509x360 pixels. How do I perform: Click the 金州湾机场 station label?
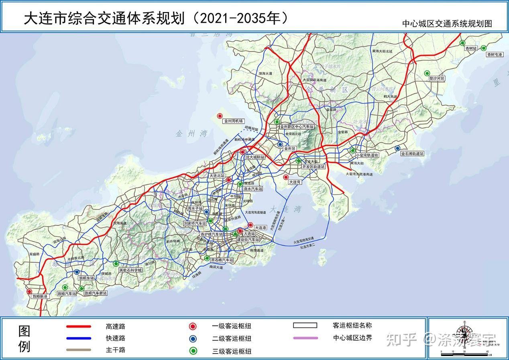pyautogui.click(x=234, y=121)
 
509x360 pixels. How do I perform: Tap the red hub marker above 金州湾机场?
pyautogui.click(x=220, y=116)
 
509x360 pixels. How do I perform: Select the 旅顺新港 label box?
pyautogui.click(x=40, y=296)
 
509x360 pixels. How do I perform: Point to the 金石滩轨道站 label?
pyautogui.click(x=412, y=154)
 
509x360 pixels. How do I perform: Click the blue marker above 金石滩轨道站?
pyautogui.click(x=397, y=148)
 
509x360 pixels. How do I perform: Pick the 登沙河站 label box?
pyautogui.click(x=437, y=79)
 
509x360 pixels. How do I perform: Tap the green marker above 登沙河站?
pyautogui.click(x=427, y=73)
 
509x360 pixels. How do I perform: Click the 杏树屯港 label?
pyautogui.click(x=494, y=54)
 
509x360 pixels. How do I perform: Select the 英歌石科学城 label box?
pyautogui.click(x=130, y=270)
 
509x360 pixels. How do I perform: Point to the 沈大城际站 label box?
pyautogui.click(x=255, y=157)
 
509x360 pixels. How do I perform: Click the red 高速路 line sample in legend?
pyautogui.click(x=79, y=327)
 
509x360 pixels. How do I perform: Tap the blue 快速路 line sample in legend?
pyautogui.click(x=79, y=338)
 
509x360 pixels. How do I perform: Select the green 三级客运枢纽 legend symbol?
pyautogui.click(x=194, y=351)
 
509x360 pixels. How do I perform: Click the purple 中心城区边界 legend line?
pyautogui.click(x=305, y=338)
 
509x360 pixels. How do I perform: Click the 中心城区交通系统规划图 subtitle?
pyautogui.click(x=447, y=24)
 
